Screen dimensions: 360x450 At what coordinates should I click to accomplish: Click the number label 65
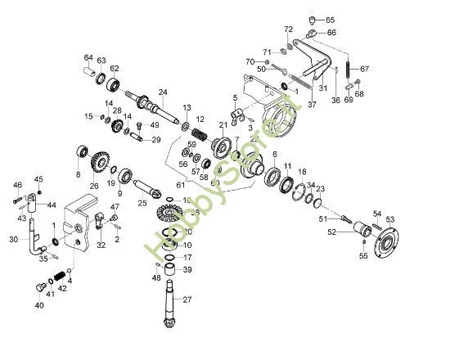(330, 19)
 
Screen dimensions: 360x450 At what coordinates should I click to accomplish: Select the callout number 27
(187, 299)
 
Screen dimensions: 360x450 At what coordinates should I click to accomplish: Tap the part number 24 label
(163, 92)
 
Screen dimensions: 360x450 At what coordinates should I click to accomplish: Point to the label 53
(390, 219)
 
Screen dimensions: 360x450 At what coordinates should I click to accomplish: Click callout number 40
(38, 305)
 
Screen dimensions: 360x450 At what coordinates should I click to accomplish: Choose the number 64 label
(88, 57)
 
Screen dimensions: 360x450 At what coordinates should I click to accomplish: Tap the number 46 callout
(18, 185)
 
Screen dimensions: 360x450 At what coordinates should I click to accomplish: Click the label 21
(222, 124)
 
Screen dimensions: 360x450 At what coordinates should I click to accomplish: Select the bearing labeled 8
(81, 153)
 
